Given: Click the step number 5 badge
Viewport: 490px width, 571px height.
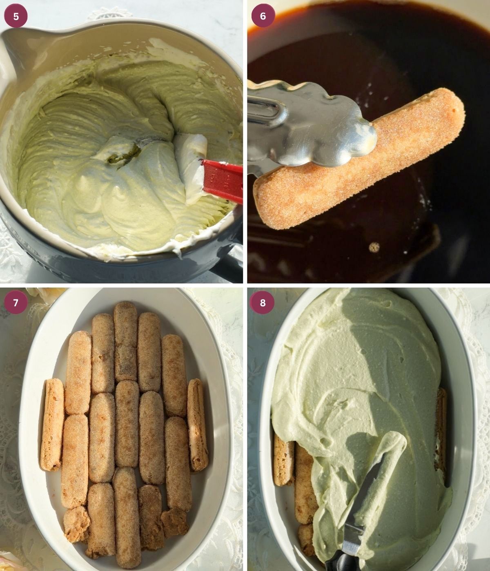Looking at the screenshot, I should coord(16,16).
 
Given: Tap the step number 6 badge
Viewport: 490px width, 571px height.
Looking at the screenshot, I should coord(263,16).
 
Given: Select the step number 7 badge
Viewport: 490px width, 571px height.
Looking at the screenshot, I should coord(16,303).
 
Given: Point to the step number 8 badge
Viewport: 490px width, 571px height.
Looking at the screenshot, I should coord(263,303).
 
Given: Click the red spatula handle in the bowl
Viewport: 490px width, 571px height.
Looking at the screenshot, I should coord(223,179).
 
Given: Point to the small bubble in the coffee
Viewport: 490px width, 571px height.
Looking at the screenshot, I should coord(374,247).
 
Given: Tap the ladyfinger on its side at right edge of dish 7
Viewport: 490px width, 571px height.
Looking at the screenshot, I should coord(198,424).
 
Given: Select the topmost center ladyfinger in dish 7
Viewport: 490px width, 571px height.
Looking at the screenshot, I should coord(125,341).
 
